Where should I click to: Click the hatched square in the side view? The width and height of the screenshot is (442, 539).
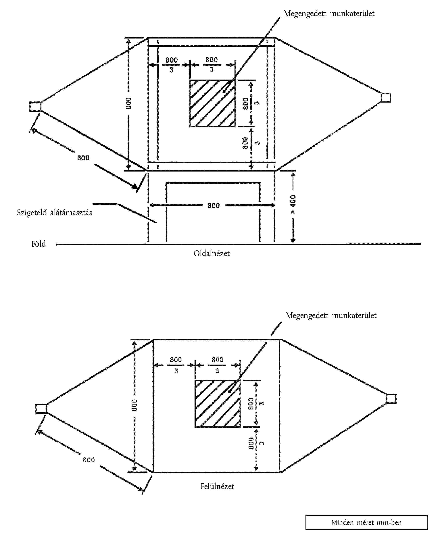(212, 103)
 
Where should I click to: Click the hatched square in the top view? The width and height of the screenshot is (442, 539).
(217, 404)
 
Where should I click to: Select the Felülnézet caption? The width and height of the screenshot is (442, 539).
(217, 487)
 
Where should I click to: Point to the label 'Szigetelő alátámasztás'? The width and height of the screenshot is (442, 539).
(54, 213)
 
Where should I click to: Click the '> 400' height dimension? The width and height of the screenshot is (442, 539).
(293, 204)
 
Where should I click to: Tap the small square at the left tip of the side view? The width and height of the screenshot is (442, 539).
(35, 106)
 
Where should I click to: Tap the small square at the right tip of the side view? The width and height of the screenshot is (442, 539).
(386, 97)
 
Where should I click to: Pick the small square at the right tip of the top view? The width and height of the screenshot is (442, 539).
(391, 399)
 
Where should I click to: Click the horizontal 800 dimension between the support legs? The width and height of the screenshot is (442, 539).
(213, 205)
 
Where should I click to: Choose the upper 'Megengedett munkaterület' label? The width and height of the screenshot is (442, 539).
(329, 14)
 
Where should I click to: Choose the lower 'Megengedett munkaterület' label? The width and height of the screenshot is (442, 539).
(331, 316)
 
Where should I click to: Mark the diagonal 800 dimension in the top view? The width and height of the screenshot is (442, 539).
(88, 460)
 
